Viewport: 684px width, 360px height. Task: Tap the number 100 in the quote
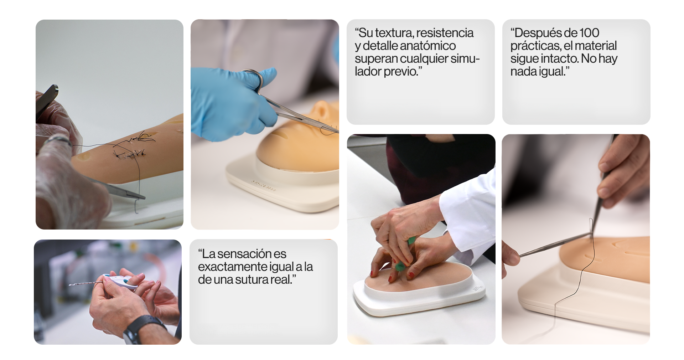pos(589,33)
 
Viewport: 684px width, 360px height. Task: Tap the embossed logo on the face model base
pos(264,185)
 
